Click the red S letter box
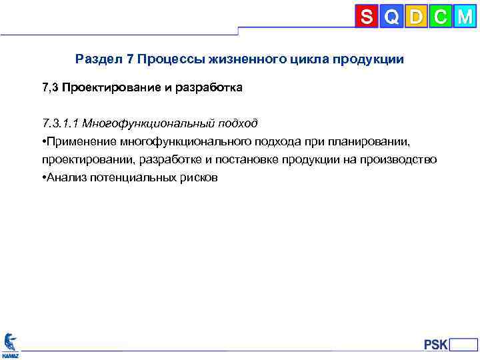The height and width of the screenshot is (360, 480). [x=367, y=16]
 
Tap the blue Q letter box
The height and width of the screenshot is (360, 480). [x=391, y=16]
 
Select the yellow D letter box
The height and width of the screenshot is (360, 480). [x=416, y=16]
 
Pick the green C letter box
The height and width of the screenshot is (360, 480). [x=440, y=16]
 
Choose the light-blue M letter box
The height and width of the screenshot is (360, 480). [x=465, y=16]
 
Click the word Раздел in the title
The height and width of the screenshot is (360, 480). [x=98, y=59]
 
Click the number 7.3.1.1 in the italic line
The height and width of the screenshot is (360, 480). [x=59, y=123]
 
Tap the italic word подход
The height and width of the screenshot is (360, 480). [x=235, y=123]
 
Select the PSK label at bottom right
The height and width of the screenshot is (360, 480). [x=435, y=345]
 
